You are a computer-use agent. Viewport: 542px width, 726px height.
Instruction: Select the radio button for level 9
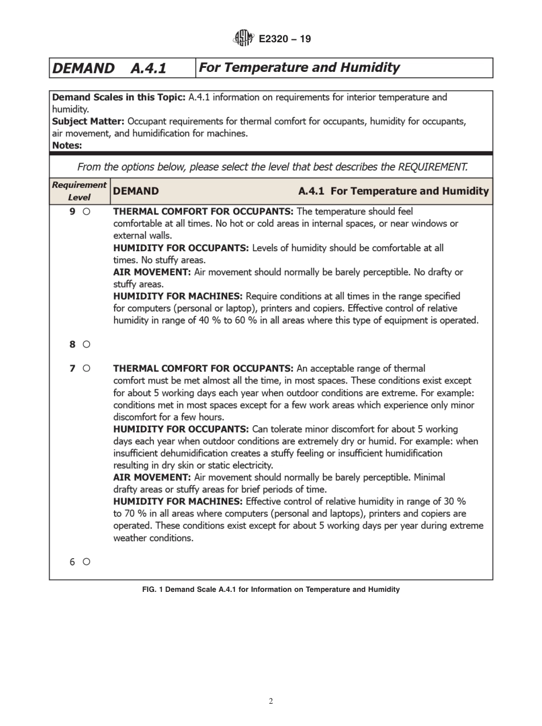coord(86,211)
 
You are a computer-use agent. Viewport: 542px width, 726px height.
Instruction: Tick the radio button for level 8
coord(86,344)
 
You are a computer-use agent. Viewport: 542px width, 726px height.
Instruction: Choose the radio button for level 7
coord(86,368)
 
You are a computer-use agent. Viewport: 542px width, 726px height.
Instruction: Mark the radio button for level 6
coord(86,562)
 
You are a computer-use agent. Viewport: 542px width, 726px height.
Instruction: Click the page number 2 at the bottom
coord(271,701)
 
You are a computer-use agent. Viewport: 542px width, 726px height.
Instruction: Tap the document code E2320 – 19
coord(285,39)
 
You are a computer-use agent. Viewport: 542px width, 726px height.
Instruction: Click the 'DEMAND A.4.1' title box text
coord(109,68)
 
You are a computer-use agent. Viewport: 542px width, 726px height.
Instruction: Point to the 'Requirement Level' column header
coord(79,191)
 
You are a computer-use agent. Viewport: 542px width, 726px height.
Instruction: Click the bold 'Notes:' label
coord(67,146)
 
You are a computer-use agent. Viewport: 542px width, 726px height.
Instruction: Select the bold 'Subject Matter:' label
coord(88,122)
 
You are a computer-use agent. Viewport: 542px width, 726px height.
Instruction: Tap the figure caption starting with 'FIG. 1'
coord(271,590)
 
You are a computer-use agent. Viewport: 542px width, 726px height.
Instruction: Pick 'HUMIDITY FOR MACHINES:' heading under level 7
coord(178,501)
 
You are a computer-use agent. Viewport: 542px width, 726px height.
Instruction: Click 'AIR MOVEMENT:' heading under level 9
coord(152,272)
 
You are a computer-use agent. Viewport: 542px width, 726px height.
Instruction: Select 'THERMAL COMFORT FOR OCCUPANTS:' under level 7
coord(203,368)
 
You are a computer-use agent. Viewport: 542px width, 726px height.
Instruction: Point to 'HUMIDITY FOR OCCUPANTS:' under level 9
coord(181,248)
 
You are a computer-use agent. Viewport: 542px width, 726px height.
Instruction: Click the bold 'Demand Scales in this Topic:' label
coord(118,97)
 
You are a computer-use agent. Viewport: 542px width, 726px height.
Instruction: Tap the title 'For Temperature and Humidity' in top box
coord(299,68)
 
